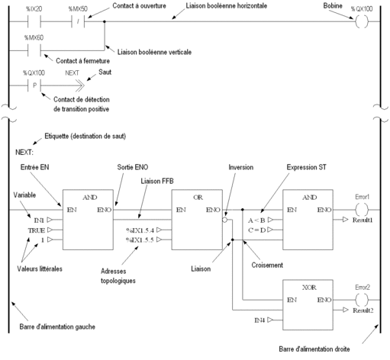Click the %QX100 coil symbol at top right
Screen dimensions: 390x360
tap(362, 21)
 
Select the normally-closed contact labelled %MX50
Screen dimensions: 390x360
tap(78, 21)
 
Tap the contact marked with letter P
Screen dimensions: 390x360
tap(34, 85)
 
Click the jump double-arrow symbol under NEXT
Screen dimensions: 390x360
tap(80, 85)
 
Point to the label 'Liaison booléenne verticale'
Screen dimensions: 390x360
tap(154, 52)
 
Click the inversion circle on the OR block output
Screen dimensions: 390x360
tap(224, 220)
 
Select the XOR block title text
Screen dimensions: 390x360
tap(309, 288)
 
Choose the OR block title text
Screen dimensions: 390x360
tap(198, 198)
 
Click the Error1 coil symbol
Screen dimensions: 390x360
tap(362, 210)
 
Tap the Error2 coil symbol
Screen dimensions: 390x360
tap(362, 300)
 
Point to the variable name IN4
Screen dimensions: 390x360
tap(259, 320)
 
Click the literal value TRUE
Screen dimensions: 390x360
tap(37, 230)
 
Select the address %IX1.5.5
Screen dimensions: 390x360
tap(140, 240)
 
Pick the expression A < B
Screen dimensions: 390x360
tap(256, 220)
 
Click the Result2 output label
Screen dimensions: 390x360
tap(363, 310)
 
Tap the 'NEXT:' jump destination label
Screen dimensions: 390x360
tap(24, 153)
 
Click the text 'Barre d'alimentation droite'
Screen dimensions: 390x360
tap(314, 349)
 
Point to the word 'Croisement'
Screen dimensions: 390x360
tap(267, 265)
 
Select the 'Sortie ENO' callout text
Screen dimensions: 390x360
tap(133, 167)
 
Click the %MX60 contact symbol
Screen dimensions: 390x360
tap(34, 50)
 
